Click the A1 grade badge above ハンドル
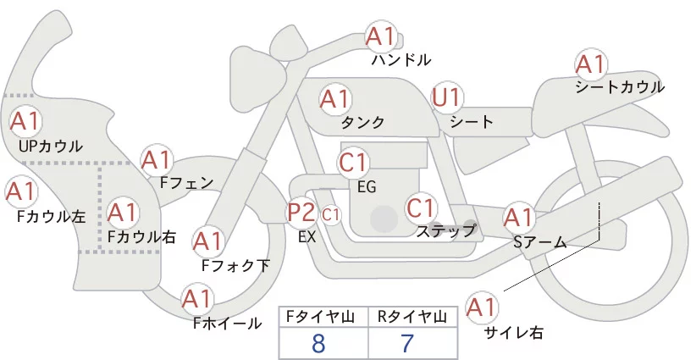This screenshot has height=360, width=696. (x=380, y=36)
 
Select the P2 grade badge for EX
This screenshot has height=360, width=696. (x=301, y=212)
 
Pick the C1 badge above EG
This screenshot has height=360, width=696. (x=353, y=161)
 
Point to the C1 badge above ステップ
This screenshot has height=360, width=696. (x=421, y=207)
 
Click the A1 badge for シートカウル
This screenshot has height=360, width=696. (x=590, y=64)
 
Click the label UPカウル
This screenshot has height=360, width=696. (x=51, y=147)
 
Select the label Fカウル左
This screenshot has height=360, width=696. (x=52, y=217)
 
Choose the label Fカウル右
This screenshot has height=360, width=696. (x=141, y=237)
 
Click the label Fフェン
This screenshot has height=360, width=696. (x=186, y=182)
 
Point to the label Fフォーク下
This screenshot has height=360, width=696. (x=235, y=266)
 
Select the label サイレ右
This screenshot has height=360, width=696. (x=513, y=333)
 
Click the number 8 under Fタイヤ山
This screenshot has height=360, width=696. (x=318, y=344)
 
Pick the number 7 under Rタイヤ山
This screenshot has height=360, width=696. (x=407, y=344)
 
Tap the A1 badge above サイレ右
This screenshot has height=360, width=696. (x=483, y=307)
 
